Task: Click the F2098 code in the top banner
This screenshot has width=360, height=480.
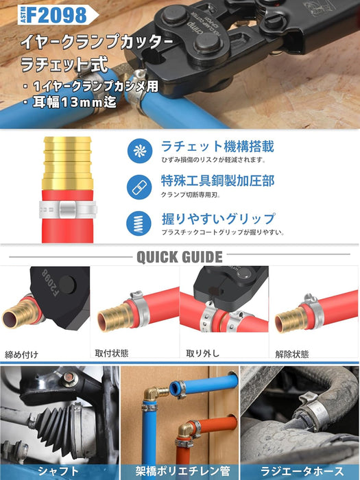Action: (x=57, y=14)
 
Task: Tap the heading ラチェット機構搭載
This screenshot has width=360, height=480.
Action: (x=217, y=146)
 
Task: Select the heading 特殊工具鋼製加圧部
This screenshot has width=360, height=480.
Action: (x=217, y=180)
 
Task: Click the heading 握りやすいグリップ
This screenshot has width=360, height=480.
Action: (x=218, y=219)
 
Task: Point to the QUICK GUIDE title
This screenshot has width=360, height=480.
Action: (x=180, y=257)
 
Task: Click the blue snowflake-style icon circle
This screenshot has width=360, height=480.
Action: (x=140, y=151)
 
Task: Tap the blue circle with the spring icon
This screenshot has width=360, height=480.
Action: (x=139, y=223)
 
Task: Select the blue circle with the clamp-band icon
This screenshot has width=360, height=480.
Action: (x=139, y=187)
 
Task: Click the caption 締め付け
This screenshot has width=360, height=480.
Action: (x=21, y=355)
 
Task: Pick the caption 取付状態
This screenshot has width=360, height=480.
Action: (x=112, y=353)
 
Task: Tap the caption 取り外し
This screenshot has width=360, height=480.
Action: (x=203, y=353)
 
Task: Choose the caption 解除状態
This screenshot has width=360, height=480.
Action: (x=292, y=355)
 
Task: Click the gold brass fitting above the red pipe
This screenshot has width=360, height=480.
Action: (x=68, y=163)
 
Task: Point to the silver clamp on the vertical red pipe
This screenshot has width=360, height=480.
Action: (x=68, y=209)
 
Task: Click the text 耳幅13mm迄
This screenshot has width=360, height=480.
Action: (x=74, y=102)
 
